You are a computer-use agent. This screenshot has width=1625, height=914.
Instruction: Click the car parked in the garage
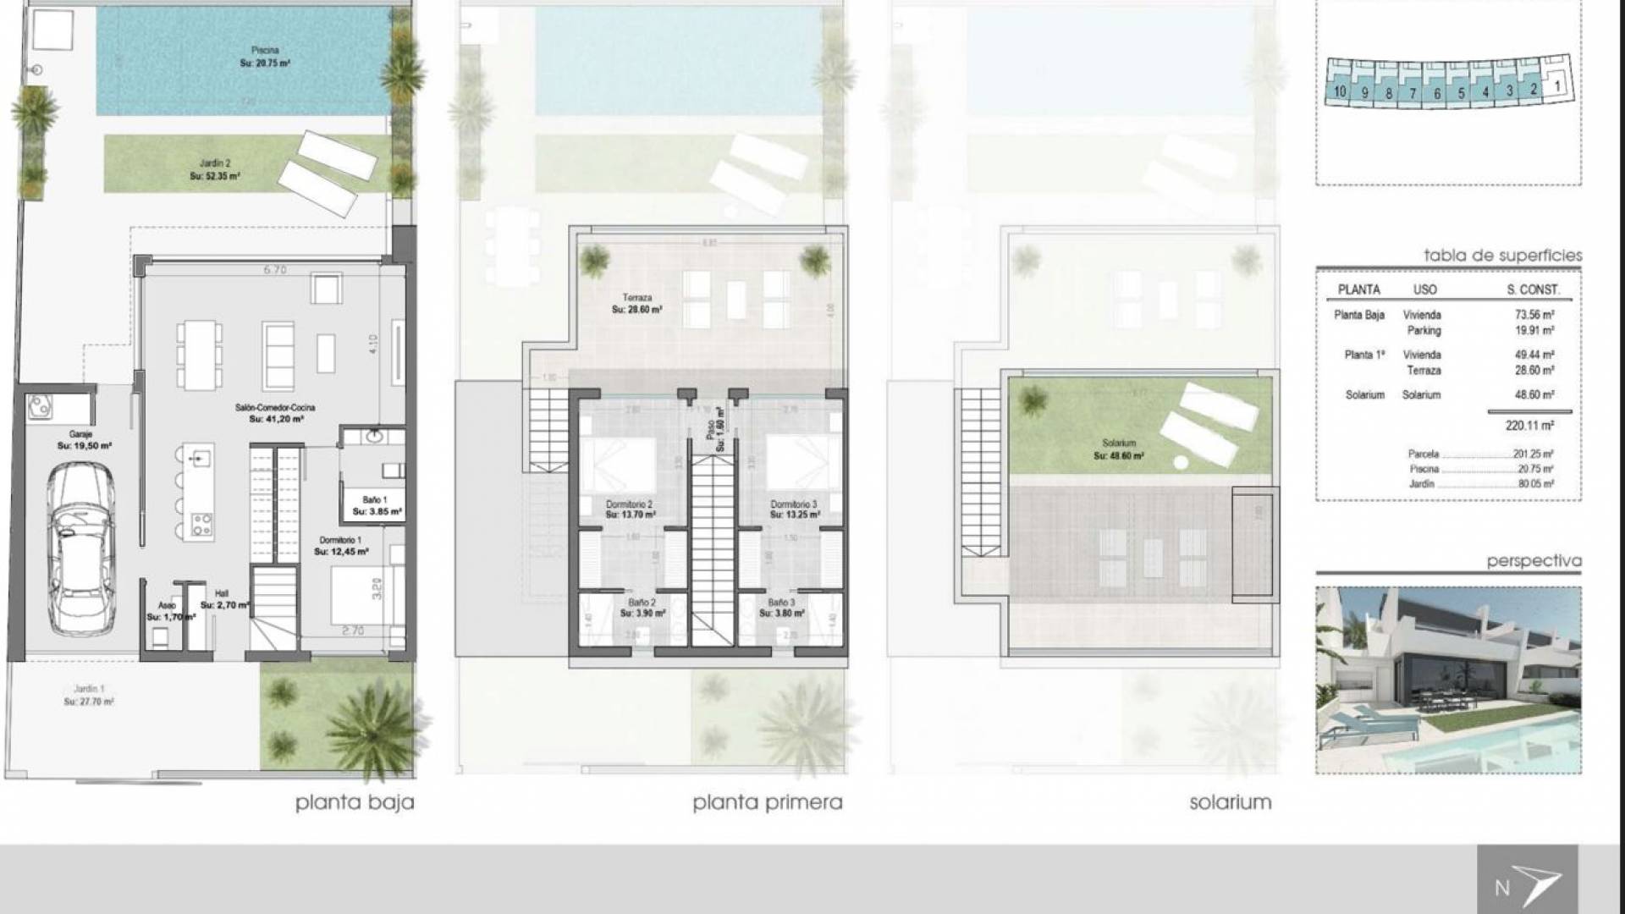[x=80, y=550]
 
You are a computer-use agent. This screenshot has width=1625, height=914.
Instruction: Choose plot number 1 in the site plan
[x=1556, y=85]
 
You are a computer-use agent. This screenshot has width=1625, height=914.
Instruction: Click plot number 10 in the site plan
[x=1339, y=91]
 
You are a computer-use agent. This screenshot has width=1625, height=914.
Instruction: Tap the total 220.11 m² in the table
[x=1529, y=426]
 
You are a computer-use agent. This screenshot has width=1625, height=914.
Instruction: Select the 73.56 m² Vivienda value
[x=1534, y=315]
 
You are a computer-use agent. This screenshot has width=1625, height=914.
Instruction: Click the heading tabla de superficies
[x=1501, y=256]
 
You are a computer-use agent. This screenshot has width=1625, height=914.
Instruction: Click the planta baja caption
[x=355, y=802]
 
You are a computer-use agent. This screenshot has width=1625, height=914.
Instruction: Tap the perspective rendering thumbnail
[x=1448, y=680]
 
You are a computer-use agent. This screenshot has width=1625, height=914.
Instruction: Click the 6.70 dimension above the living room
[x=275, y=270]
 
